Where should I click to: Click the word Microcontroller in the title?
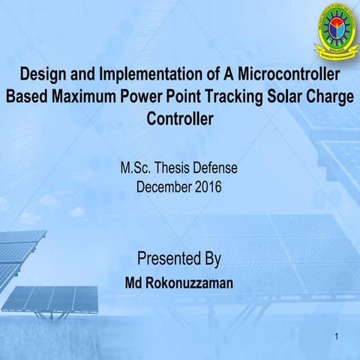point(289,76)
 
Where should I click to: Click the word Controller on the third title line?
point(180,118)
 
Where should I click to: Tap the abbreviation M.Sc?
point(137,168)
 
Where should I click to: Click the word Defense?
point(221,168)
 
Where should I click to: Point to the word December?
point(163,185)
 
